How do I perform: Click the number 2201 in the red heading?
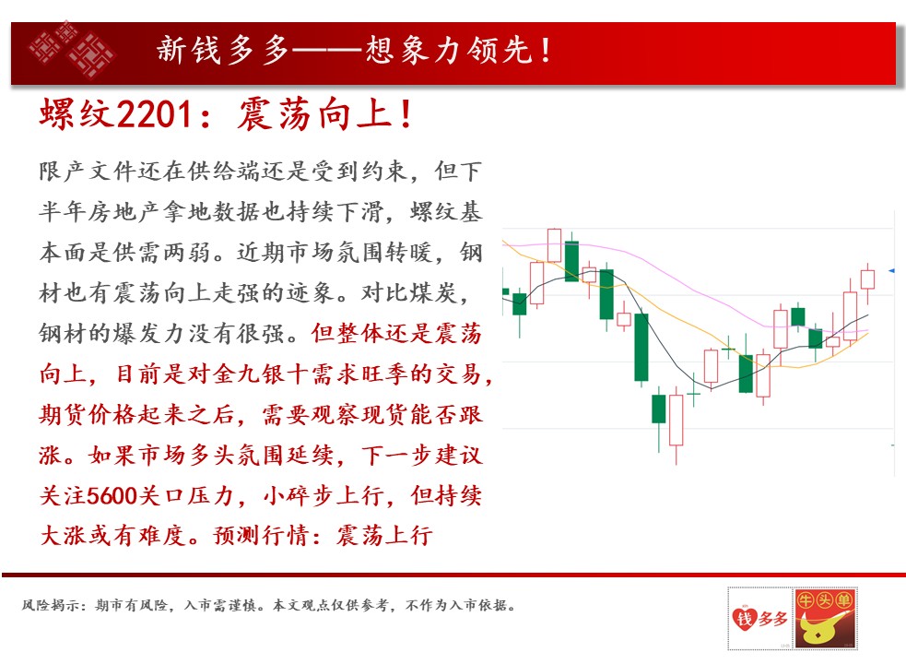(154, 113)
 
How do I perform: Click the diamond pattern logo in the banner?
(72, 50)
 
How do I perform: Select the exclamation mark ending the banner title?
(546, 50)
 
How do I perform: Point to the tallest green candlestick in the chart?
(641, 347)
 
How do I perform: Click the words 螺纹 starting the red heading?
(76, 113)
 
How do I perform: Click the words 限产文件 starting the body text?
(88, 172)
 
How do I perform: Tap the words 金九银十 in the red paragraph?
(261, 374)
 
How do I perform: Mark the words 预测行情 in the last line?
(261, 536)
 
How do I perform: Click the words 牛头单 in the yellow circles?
(825, 600)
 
